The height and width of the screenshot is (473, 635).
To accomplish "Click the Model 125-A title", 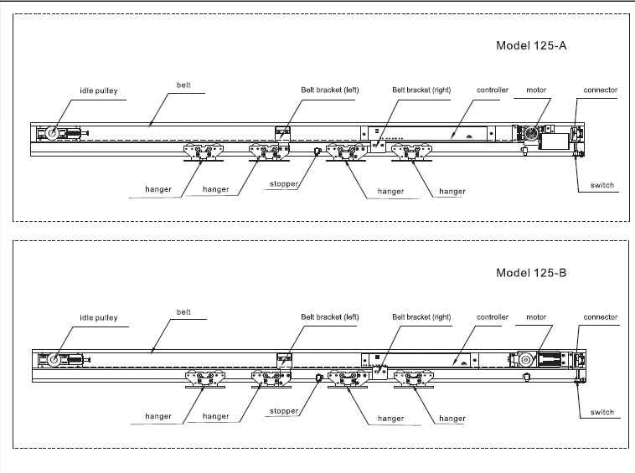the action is pyautogui.click(x=531, y=45).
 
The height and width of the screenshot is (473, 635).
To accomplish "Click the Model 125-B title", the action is pyautogui.click(x=531, y=273).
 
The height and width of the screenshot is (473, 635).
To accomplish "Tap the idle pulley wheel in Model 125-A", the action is pyautogui.click(x=52, y=133).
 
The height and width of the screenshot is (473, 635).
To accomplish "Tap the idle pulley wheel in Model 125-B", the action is pyautogui.click(x=54, y=360).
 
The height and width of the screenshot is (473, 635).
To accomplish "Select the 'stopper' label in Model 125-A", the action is pyautogui.click(x=284, y=184).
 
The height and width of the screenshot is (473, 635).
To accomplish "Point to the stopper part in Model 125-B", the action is pyautogui.click(x=318, y=378).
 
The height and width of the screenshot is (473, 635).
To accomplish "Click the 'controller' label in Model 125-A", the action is pyautogui.click(x=493, y=90).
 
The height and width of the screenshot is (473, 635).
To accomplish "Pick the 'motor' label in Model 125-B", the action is pyautogui.click(x=536, y=317).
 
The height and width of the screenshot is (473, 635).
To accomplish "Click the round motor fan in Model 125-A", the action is pyautogui.click(x=531, y=133).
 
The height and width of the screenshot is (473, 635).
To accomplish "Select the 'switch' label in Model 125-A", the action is pyautogui.click(x=602, y=185).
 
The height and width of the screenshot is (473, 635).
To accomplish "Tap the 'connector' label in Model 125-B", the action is pyautogui.click(x=601, y=317).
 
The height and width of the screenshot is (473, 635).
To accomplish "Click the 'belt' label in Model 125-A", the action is pyautogui.click(x=183, y=85).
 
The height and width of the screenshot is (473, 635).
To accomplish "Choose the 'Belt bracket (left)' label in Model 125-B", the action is pyautogui.click(x=330, y=317).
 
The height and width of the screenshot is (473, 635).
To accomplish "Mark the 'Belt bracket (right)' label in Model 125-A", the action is pyautogui.click(x=421, y=90).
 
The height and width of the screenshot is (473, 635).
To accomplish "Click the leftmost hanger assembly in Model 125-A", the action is pyautogui.click(x=204, y=152).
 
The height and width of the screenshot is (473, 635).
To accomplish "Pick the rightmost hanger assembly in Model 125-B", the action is pyautogui.click(x=414, y=379).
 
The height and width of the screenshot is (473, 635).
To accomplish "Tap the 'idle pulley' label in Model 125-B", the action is pyautogui.click(x=99, y=317).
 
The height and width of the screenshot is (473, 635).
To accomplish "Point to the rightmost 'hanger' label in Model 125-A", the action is pyautogui.click(x=452, y=192).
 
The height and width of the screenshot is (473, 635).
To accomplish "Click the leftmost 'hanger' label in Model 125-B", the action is pyautogui.click(x=158, y=416).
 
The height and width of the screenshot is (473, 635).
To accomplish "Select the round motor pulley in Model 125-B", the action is pyautogui.click(x=526, y=359).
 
